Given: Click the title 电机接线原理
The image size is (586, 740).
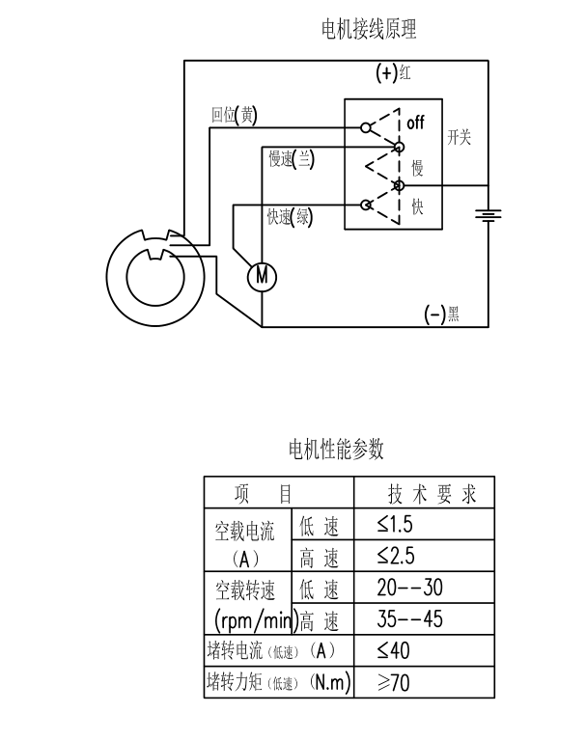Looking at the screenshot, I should (x=369, y=30).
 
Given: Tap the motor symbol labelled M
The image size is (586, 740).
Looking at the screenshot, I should (x=261, y=277).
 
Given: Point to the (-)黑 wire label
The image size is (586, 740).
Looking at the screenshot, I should (x=442, y=314).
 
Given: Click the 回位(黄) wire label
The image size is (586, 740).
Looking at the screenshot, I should (x=234, y=115).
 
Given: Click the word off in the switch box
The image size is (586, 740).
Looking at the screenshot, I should (x=415, y=123).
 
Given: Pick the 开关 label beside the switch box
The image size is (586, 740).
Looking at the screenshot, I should (x=459, y=138).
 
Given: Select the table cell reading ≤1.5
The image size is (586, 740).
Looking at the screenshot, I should (x=397, y=526).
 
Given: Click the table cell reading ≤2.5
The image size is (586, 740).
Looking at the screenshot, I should (x=397, y=557).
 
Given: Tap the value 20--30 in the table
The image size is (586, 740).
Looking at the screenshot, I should (x=410, y=588).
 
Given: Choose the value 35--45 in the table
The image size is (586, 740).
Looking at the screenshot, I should (x=410, y=618).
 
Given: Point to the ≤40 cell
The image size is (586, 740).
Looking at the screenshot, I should (x=393, y=650).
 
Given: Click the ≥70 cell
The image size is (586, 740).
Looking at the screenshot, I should (x=393, y=682).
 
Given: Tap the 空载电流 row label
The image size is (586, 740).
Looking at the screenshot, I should (x=244, y=532).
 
